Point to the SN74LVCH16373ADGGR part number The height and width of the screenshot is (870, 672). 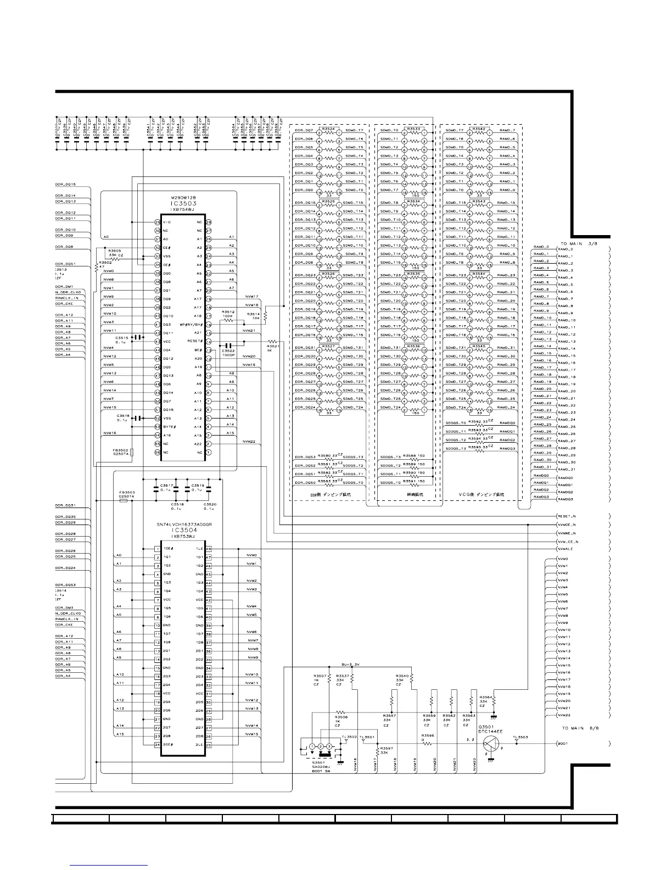tap(184, 525)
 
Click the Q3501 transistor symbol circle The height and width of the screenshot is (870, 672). tap(491, 744)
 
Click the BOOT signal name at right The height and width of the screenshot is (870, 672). tap(563, 744)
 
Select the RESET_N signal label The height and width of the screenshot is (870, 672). tap(566, 517)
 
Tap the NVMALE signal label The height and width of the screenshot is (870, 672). tap(565, 549)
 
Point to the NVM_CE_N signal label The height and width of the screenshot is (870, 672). tap(567, 542)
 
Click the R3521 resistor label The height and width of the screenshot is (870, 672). tap(273, 347)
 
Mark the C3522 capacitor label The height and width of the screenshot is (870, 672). tap(228, 351)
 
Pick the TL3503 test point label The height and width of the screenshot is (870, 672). tap(520, 737)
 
